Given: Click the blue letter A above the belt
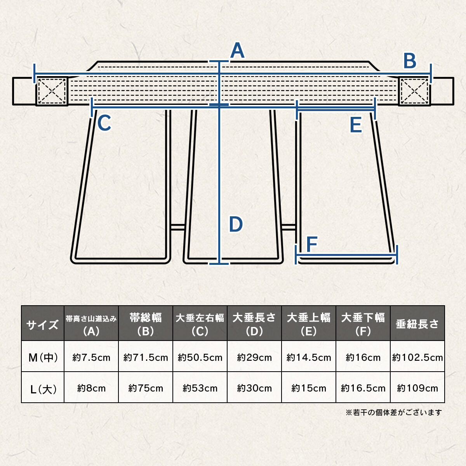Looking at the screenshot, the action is [x=237, y=50].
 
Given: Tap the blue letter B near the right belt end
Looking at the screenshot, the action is [x=410, y=61].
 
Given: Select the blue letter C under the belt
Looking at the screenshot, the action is [x=104, y=123].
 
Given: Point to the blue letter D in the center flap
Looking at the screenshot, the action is [x=236, y=224].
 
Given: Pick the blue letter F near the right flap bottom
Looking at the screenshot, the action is [x=312, y=244].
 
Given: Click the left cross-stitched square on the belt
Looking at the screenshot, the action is [x=52, y=91].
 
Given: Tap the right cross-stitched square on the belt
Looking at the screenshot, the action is [x=414, y=91].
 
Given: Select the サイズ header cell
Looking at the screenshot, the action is [x=43, y=323].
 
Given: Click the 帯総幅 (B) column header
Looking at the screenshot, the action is [x=146, y=323].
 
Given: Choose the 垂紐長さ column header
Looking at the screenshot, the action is [x=417, y=323].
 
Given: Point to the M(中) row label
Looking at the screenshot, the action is [x=43, y=357].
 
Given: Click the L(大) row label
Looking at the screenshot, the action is [x=43, y=388].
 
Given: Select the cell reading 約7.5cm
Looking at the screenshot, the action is [x=91, y=357].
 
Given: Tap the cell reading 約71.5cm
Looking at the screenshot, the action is [x=146, y=357].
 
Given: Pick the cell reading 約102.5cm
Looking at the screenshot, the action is [x=417, y=357].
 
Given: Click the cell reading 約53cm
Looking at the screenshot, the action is [x=200, y=388].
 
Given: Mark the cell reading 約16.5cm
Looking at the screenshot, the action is [x=363, y=388].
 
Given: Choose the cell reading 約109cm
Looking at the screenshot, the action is [x=417, y=388].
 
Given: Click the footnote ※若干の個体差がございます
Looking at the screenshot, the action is [x=394, y=412].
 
